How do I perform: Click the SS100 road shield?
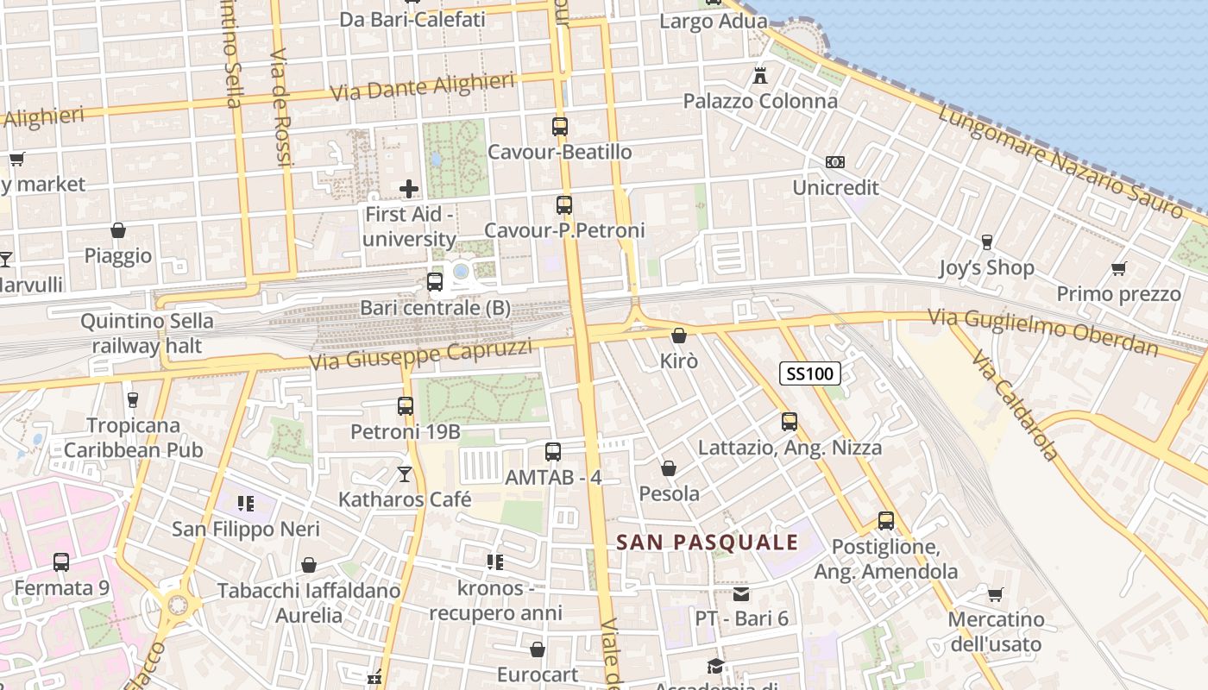click(x=809, y=373)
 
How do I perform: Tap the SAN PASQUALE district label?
click(x=707, y=543)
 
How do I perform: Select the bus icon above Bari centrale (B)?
click(x=435, y=282)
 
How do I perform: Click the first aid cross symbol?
click(x=409, y=188)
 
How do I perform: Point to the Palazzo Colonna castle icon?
click(x=760, y=76)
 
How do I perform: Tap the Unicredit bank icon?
click(x=834, y=162)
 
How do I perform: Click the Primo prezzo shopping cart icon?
click(x=1119, y=269)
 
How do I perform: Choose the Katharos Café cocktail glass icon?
click(x=404, y=474)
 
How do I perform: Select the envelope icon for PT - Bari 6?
click(x=741, y=594)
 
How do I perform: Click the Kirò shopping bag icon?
click(x=679, y=336)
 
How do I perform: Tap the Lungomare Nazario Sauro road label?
click(x=1060, y=161)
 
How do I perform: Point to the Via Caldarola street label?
click(x=1015, y=405)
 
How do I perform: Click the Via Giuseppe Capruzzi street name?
click(x=422, y=354)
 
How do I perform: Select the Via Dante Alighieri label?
click(x=423, y=88)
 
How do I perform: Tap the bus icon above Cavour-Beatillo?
click(x=560, y=127)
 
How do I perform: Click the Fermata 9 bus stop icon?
click(x=61, y=562)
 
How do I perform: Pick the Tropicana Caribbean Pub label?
click(x=134, y=437)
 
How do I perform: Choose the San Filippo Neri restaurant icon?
click(x=246, y=504)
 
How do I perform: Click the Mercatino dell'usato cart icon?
click(x=996, y=594)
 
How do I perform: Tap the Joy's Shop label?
click(x=986, y=268)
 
